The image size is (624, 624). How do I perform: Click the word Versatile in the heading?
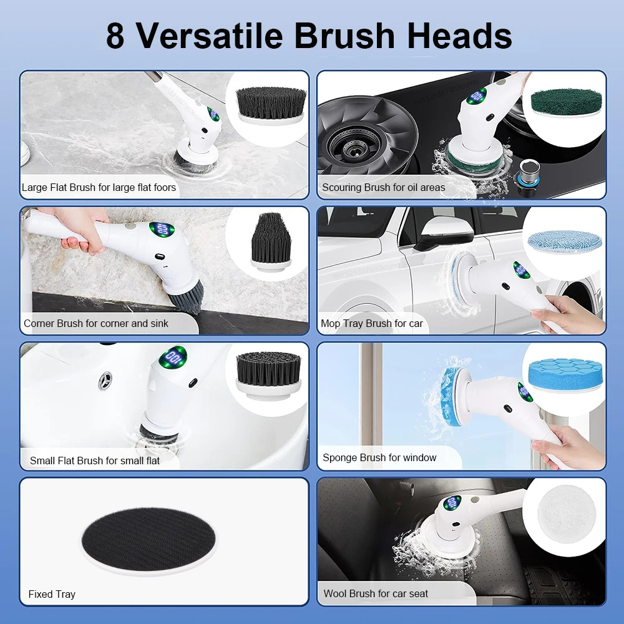pos(210,36)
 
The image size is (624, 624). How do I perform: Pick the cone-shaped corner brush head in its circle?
pos(271,240)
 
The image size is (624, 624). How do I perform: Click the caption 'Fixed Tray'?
pos(52,594)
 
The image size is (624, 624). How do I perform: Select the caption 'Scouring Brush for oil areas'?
pos(383,187)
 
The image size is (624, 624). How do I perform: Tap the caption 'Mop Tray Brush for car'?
pos(371,323)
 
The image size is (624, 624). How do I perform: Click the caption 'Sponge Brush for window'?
pos(379,457)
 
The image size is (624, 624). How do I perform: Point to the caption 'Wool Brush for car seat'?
pos(376,593)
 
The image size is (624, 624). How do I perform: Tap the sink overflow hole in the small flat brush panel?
pos(107,378)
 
